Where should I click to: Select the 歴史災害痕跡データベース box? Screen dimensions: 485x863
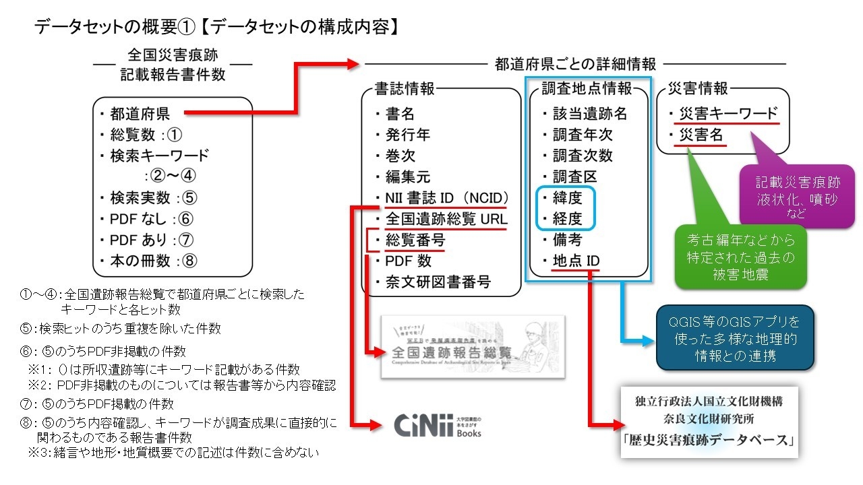(x=709, y=422)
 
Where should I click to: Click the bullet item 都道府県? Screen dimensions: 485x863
(x=140, y=113)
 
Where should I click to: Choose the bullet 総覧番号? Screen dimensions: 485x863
(x=415, y=240)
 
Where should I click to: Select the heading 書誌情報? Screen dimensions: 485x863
(x=405, y=88)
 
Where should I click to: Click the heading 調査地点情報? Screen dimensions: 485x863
(x=587, y=88)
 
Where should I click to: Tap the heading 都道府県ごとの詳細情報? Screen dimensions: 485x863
(x=575, y=65)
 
